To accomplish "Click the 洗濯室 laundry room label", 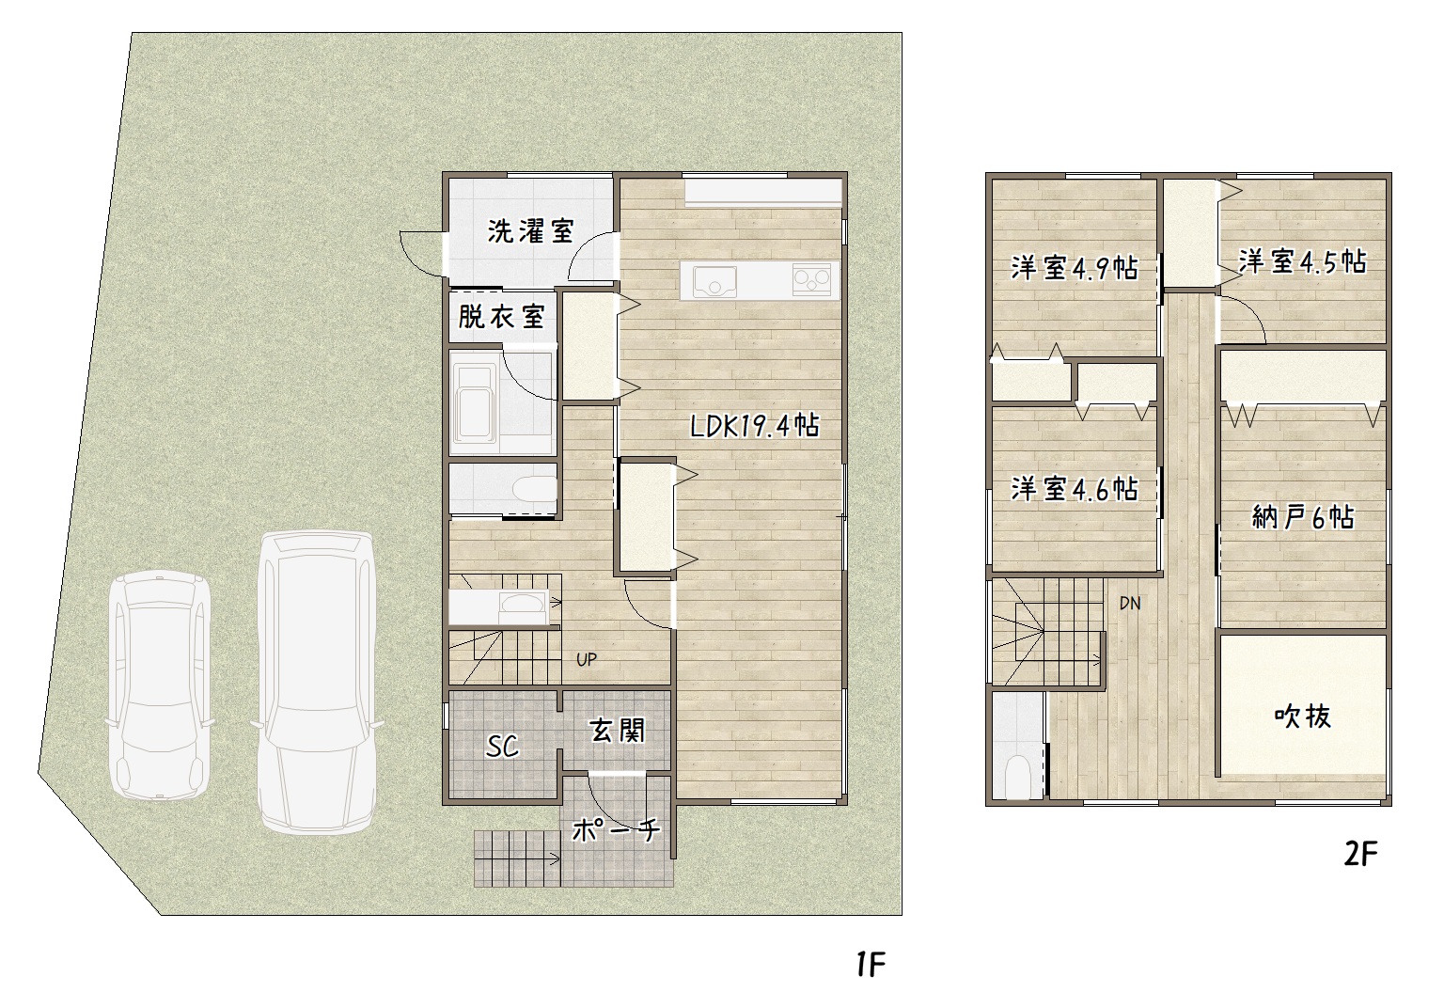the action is click(530, 231).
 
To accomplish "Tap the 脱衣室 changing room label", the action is click(501, 317).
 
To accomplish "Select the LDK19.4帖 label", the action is click(755, 425).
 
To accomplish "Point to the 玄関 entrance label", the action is click(617, 731).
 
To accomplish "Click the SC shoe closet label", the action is click(502, 747).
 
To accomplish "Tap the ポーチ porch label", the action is click(617, 829).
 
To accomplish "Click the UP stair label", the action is click(586, 659).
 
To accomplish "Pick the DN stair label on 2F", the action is click(1130, 603).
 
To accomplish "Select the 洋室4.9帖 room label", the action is click(1075, 268).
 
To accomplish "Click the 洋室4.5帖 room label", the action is click(1302, 261).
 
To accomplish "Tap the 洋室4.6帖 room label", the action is click(1075, 489).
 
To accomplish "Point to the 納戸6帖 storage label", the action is click(1303, 516).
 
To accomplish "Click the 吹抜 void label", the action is click(1303, 716).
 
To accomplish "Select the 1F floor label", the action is click(871, 965).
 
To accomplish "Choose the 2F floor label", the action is click(1360, 855).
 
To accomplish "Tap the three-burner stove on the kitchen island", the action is click(811, 280).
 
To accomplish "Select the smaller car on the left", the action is click(159, 685).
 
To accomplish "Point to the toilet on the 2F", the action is click(1018, 776).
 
